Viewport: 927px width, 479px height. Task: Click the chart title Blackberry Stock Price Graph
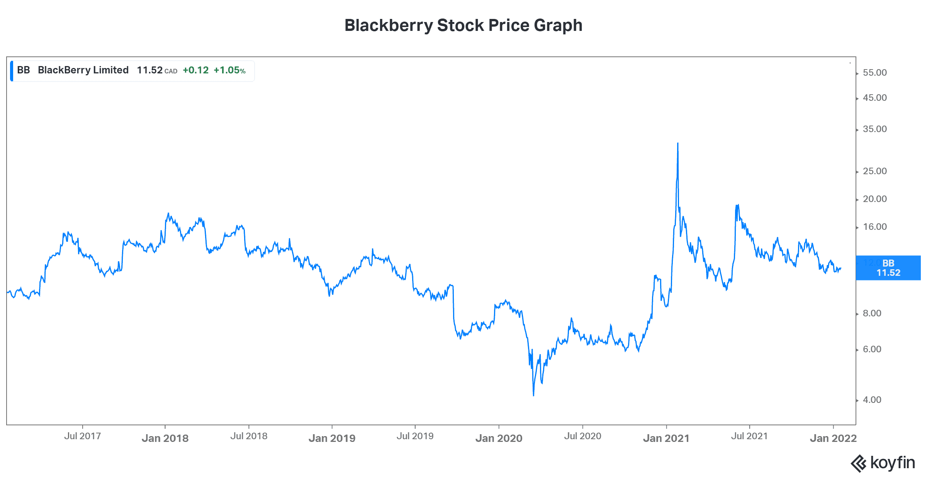coord(463,25)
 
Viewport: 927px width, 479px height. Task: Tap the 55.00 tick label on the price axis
coord(874,73)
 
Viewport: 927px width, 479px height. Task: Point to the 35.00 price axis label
coord(874,129)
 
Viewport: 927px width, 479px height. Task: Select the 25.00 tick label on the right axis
coord(874,171)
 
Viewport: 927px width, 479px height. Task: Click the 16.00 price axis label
coord(874,227)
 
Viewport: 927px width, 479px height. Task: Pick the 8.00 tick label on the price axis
coord(872,313)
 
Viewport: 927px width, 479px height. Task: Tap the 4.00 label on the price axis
coord(872,400)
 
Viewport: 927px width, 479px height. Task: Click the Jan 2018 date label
coord(165,438)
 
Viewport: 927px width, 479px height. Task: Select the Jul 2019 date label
coord(415,436)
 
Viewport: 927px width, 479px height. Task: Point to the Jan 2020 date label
coord(499,438)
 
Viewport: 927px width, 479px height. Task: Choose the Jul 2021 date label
coord(749,436)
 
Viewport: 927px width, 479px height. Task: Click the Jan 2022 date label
coord(833,438)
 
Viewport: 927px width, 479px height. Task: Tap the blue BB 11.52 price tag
coord(888,268)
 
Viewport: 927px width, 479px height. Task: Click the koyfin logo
coord(883,463)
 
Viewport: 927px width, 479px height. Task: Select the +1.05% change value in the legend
coord(229,70)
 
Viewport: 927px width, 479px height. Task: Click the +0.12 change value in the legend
coord(195,70)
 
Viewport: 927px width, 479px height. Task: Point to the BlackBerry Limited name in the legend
coord(83,70)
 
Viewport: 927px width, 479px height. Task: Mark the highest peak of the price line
coord(677,143)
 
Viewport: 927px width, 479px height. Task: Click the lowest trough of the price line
coord(533,395)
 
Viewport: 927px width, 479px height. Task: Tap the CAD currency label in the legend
coord(171,71)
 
